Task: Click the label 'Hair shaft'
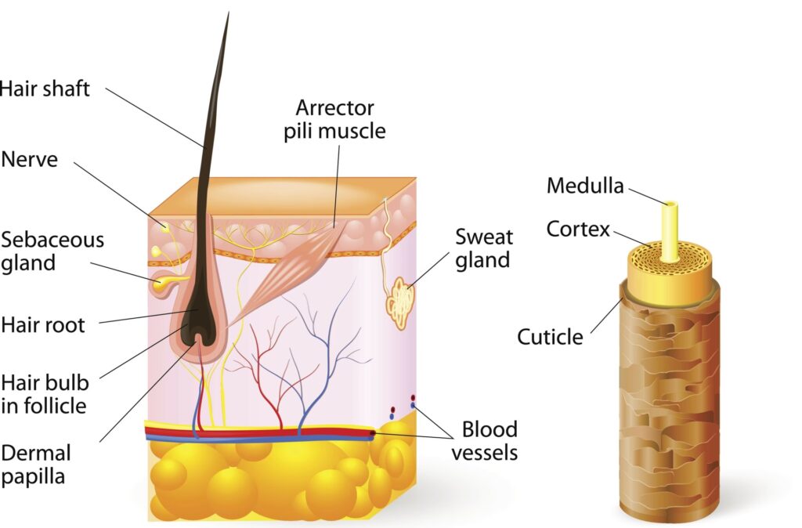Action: [45, 89]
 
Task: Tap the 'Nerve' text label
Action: [29, 159]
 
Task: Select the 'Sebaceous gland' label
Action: [52, 250]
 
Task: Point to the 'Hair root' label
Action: [43, 324]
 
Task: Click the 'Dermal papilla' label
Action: [36, 465]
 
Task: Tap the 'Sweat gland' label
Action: [484, 248]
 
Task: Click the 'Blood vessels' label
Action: [490, 440]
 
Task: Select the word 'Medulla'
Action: [585, 186]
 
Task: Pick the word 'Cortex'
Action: [578, 229]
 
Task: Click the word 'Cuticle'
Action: [550, 337]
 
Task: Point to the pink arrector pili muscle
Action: [294, 259]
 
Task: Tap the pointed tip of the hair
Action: [228, 16]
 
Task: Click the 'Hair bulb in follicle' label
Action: [45, 394]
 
